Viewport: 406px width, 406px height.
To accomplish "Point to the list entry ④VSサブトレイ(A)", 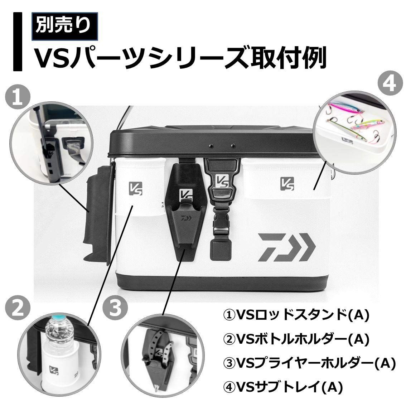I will tap(283, 387).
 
